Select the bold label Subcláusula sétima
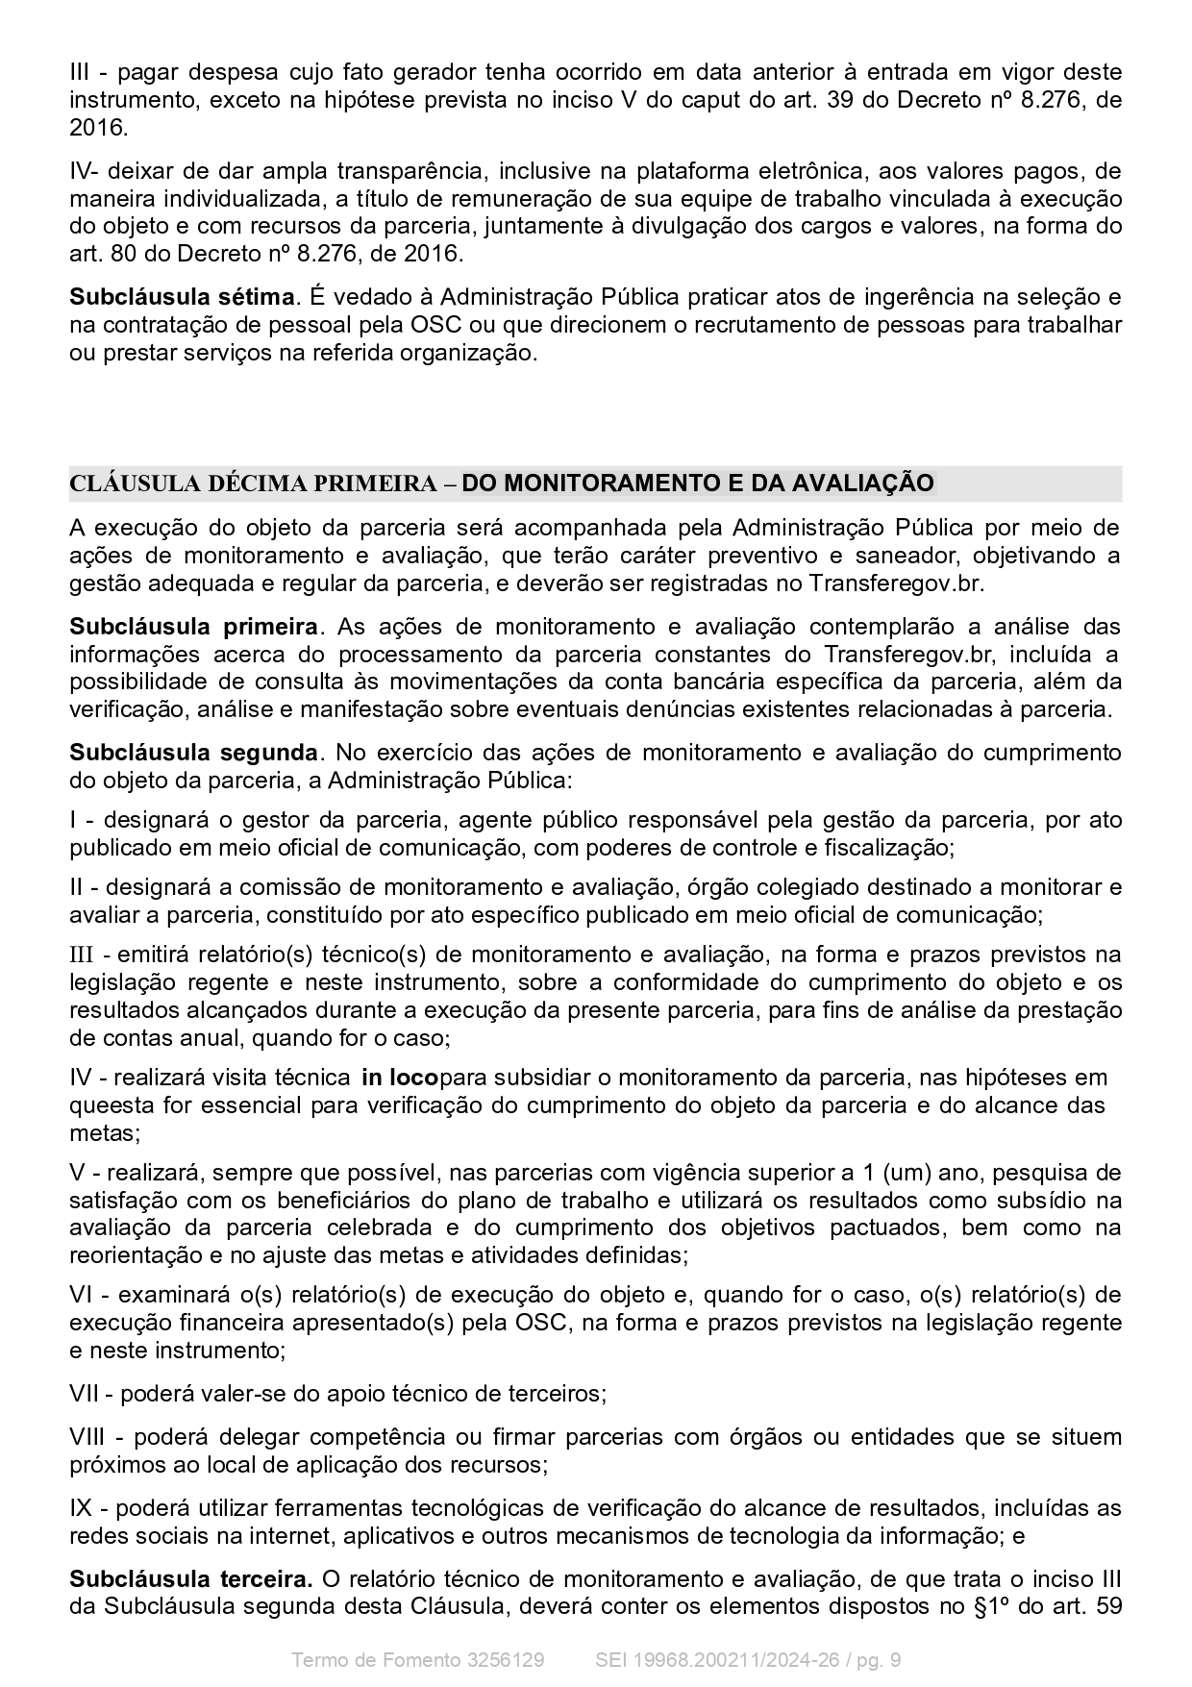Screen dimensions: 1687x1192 pos(182,297)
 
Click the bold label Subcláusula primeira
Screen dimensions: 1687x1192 pos(193,627)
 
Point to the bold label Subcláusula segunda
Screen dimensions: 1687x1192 pos(193,752)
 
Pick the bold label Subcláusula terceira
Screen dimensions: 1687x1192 pos(190,1578)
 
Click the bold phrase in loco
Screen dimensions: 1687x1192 pos(400,1077)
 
